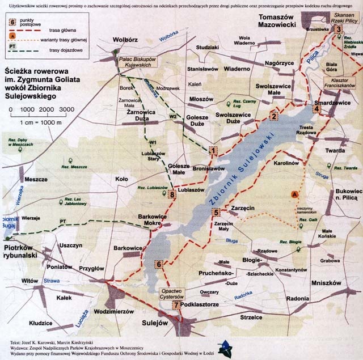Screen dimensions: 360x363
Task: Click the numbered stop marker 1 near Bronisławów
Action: (x=213, y=151)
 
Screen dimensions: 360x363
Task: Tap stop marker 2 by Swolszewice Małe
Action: (x=273, y=117)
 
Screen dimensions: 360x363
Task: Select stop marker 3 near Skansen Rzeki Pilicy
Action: (x=337, y=29)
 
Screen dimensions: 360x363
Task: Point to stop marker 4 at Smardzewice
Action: (x=316, y=109)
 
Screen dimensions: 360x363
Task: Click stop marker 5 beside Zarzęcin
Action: (x=216, y=213)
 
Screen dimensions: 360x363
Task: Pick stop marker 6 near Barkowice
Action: (x=159, y=264)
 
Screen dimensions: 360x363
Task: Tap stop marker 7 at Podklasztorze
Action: (x=177, y=305)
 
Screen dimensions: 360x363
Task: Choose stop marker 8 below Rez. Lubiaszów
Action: (x=172, y=195)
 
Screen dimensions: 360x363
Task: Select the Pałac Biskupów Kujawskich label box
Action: (x=138, y=62)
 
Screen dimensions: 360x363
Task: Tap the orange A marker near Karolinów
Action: (x=294, y=194)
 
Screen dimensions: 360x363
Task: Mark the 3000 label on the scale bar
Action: (x=66, y=109)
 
